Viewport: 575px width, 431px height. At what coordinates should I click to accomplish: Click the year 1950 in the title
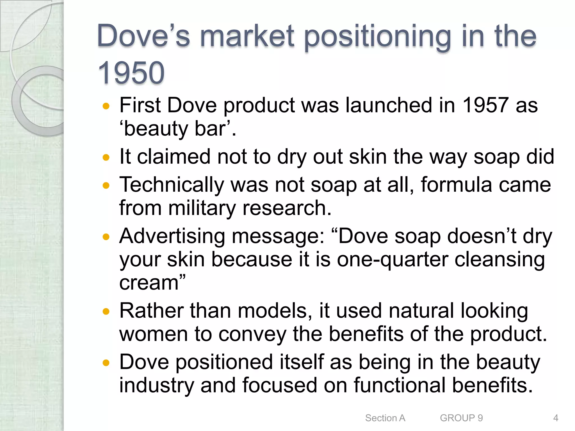point(131,73)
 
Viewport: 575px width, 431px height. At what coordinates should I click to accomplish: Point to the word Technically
point(172,185)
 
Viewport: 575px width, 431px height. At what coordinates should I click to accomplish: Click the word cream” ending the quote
point(152,283)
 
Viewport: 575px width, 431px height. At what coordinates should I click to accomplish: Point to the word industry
point(156,386)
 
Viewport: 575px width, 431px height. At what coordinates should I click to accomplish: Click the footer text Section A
point(385,418)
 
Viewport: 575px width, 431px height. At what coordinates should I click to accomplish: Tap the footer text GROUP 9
point(461,418)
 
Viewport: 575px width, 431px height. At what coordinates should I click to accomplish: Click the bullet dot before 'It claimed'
point(106,157)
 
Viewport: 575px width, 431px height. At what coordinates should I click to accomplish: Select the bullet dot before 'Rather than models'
point(106,311)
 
